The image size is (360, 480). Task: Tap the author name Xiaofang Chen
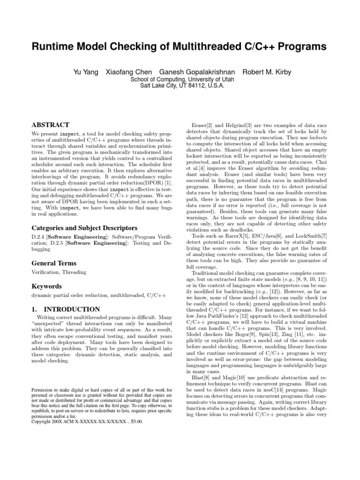pos(128,72)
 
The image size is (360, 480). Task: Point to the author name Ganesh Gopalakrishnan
pos(197,72)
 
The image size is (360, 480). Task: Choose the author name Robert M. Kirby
pos(266,72)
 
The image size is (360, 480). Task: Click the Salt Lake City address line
pos(179,86)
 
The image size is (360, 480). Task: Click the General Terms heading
pos(53,263)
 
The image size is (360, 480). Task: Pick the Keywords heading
pos(47,286)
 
